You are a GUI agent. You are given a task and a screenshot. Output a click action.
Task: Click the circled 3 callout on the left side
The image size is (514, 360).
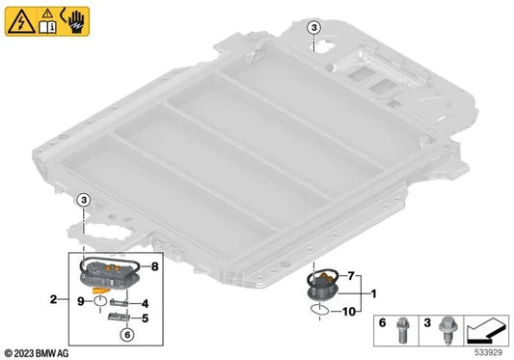(x=84, y=200)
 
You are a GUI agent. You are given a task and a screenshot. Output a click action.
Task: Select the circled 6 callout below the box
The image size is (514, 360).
(x=126, y=335)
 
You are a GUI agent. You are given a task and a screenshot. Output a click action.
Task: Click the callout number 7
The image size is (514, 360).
(x=351, y=275)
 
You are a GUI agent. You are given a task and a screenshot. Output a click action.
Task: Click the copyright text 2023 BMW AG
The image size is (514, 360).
(x=39, y=352)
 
